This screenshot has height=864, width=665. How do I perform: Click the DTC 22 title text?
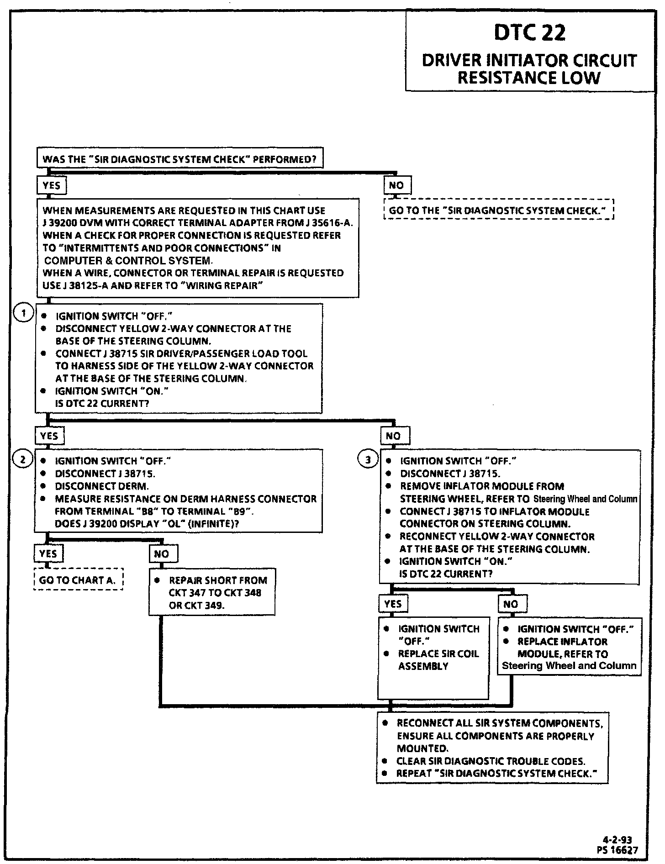(530, 33)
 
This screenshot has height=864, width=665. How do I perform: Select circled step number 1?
(23, 314)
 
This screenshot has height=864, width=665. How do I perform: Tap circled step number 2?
(23, 458)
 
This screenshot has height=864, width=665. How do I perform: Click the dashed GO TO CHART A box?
(79, 580)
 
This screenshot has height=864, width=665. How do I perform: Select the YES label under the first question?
(52, 185)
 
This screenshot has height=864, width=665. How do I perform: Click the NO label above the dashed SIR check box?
(396, 185)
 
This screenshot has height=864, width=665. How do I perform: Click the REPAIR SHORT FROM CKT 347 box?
(212, 592)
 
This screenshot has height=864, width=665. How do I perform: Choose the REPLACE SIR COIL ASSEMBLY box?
(433, 658)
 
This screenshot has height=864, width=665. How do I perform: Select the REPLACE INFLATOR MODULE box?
(569, 647)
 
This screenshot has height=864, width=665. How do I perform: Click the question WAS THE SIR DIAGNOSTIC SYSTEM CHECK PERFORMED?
(179, 159)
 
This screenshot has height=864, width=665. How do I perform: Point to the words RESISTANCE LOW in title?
(529, 78)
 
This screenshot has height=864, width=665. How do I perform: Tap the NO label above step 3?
(394, 436)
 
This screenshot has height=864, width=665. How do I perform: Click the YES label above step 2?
(49, 436)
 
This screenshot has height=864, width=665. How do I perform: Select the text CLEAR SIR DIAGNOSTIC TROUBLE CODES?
(491, 761)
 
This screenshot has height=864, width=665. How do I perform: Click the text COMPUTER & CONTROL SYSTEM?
(128, 261)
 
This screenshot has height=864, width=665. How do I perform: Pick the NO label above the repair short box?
(162, 554)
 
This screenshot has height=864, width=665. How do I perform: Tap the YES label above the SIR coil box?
(393, 604)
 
